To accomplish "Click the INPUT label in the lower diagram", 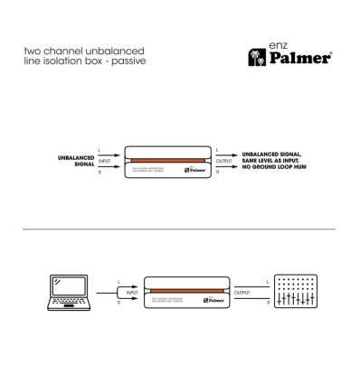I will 132,293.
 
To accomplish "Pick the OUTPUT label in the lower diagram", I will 243,293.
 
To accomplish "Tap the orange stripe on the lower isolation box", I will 187,292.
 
